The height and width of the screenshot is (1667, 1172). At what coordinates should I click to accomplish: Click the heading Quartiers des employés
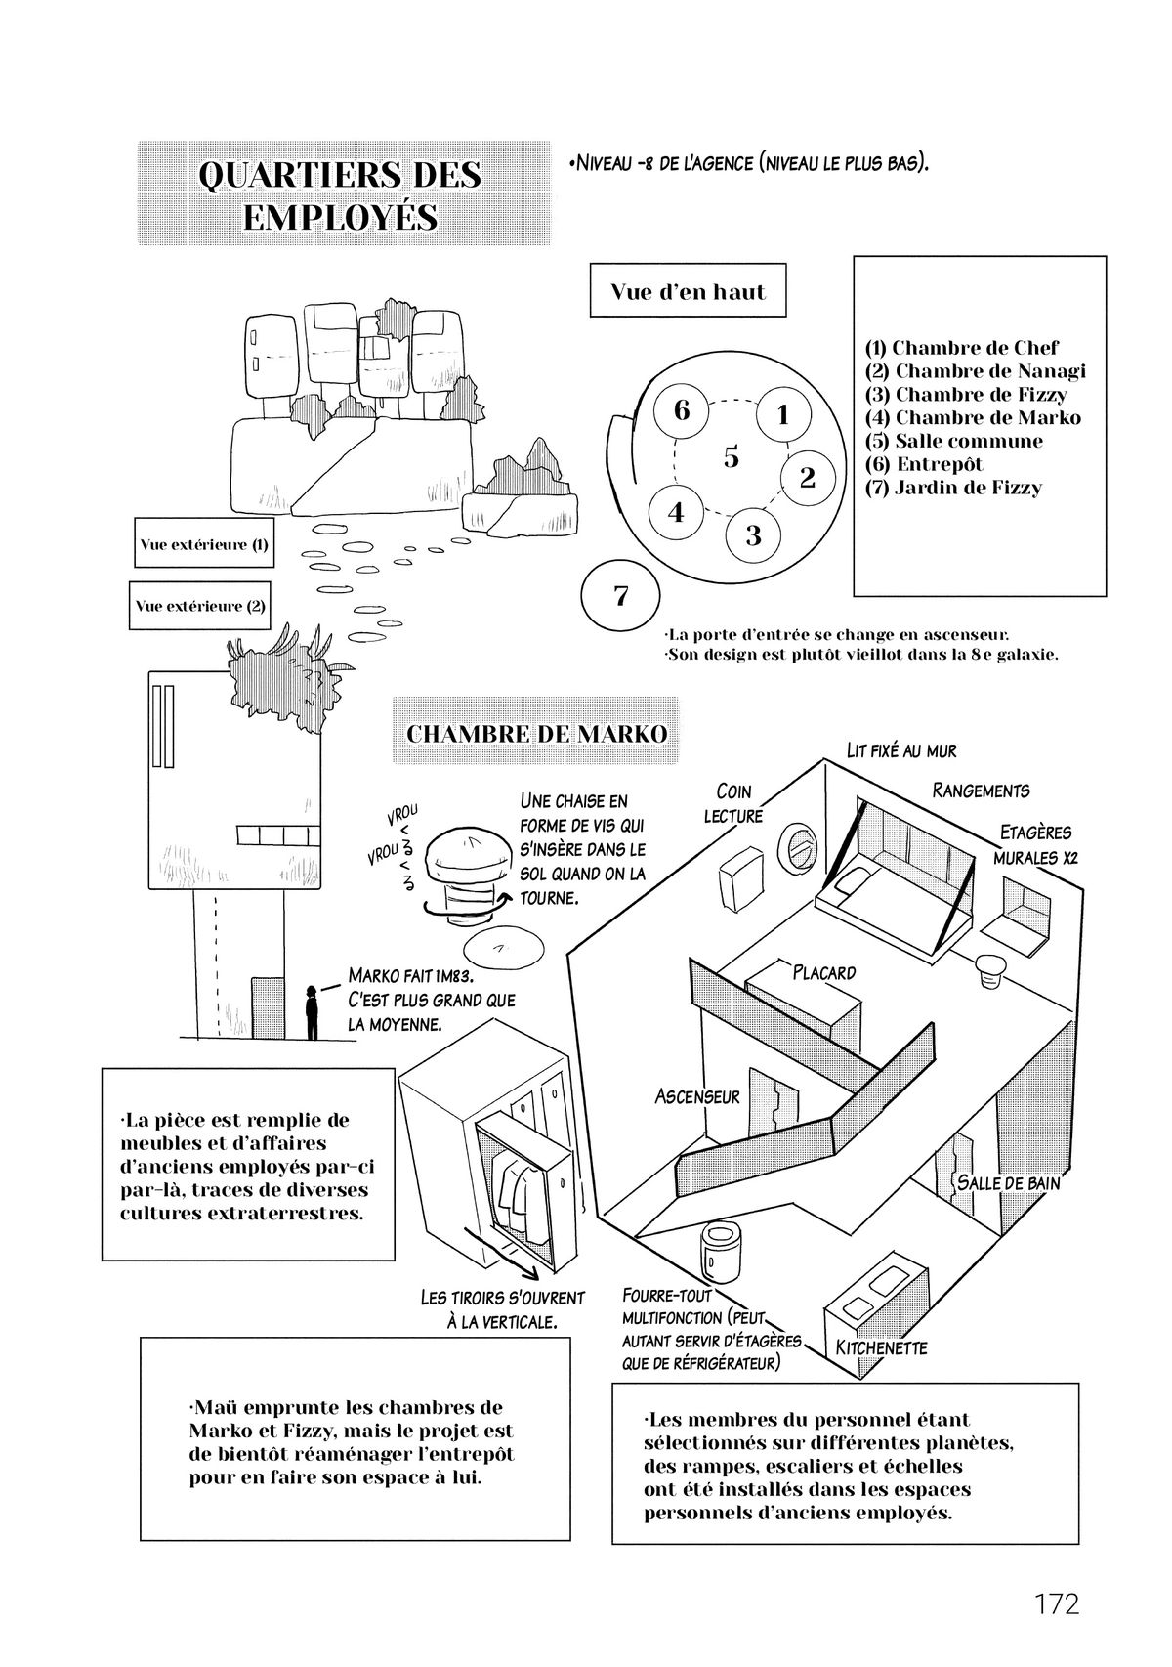click(x=340, y=194)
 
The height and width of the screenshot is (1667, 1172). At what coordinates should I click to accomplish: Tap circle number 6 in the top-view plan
click(x=682, y=409)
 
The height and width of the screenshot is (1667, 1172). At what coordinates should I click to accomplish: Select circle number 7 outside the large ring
click(x=621, y=595)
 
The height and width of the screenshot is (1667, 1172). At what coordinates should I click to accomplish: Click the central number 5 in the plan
click(x=732, y=457)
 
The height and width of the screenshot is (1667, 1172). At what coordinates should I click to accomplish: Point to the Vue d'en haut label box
click(x=688, y=291)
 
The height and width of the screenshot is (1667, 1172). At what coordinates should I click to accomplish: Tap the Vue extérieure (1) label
click(x=203, y=544)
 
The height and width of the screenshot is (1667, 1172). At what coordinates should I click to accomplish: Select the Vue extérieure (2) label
click(x=200, y=606)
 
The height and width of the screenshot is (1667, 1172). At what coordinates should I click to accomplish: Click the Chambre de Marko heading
click(x=536, y=732)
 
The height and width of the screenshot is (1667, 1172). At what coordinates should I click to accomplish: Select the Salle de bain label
click(x=1008, y=1181)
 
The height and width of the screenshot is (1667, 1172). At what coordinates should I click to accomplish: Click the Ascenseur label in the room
click(x=697, y=1096)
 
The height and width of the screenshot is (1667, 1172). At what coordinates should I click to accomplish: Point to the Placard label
click(x=823, y=972)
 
